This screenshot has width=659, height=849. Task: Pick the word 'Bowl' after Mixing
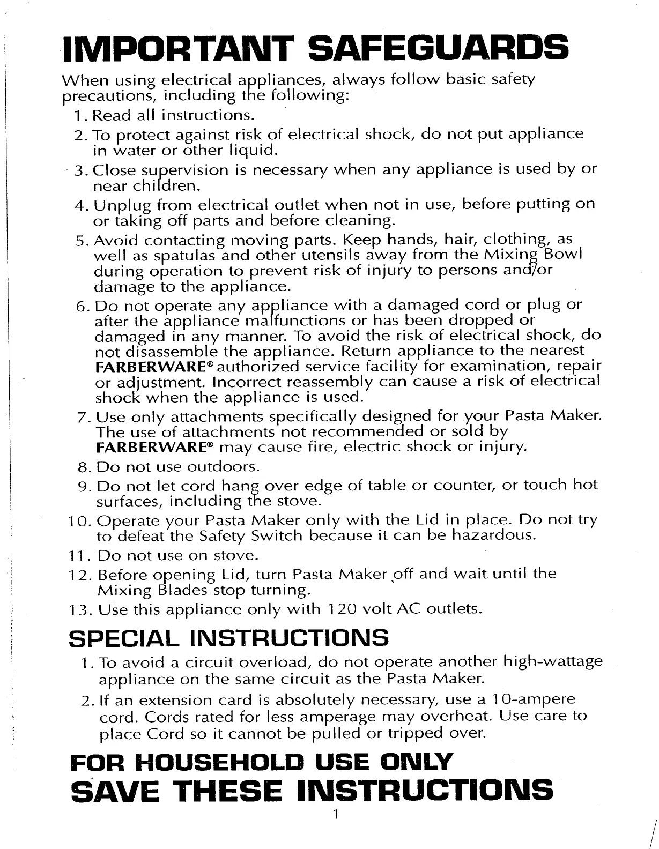pyautogui.click(x=562, y=254)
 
